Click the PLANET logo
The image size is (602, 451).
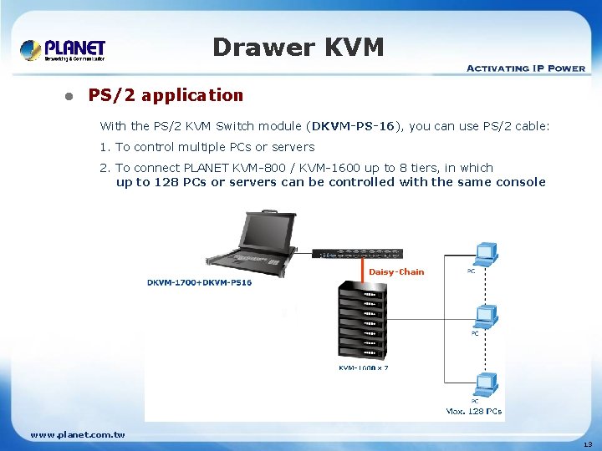coord(63,50)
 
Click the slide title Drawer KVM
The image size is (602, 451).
coord(298,48)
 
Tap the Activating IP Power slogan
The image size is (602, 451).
coord(525,68)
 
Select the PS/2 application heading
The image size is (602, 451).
coord(166,95)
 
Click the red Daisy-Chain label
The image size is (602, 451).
coord(396,272)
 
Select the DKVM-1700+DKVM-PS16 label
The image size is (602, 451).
coord(199,282)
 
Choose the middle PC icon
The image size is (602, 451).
coord(484,316)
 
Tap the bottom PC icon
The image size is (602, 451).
coord(484,384)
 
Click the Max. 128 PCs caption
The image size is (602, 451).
coord(474,411)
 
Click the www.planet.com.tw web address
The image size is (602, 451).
coord(78,434)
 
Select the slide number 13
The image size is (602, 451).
coord(587,444)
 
